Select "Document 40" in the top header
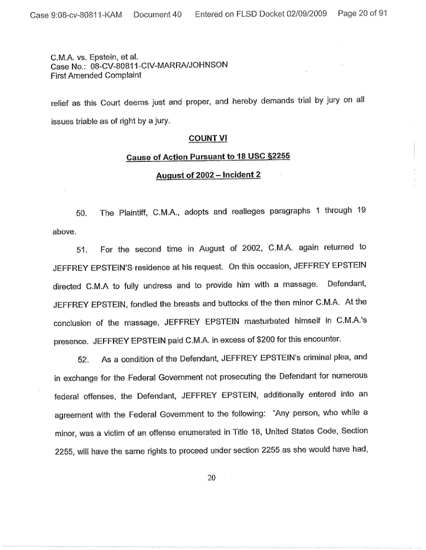157,14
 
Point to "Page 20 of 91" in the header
362,14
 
